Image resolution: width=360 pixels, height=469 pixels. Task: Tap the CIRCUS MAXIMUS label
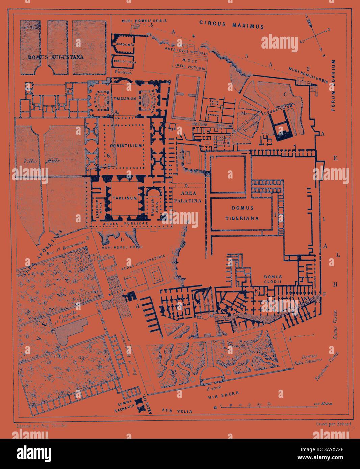(231, 24)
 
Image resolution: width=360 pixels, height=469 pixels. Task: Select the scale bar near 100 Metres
(274, 407)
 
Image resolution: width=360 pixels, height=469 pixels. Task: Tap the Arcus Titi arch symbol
(139, 403)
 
